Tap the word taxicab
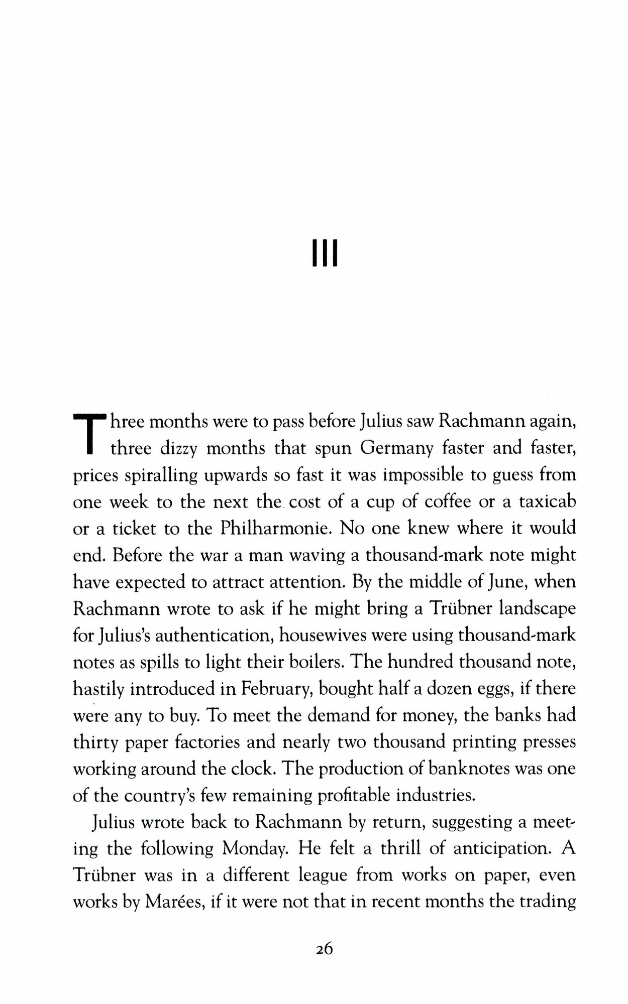tap(548, 501)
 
